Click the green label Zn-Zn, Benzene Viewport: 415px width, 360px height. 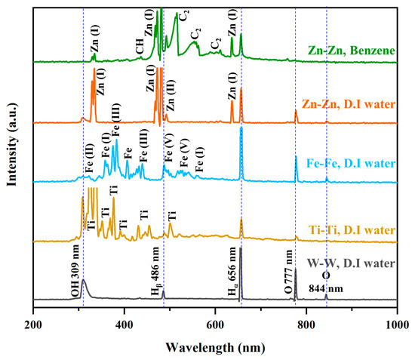coord(352,51)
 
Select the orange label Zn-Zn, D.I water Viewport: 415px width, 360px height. coord(349,104)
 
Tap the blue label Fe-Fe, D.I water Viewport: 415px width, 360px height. coord(351,163)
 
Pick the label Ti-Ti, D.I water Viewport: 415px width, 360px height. coord(352,229)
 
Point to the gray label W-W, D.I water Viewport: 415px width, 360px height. coord(351,263)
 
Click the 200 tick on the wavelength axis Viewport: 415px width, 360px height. coord(33,325)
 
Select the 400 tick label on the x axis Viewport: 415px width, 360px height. coord(124,325)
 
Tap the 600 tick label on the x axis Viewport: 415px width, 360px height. coord(215,325)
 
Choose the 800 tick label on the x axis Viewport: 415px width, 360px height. coord(306,325)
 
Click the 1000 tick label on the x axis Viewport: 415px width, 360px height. coord(397,325)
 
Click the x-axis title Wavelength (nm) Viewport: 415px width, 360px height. coord(215,347)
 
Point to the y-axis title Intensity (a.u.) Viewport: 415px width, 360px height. coord(11,145)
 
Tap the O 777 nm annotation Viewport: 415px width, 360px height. coord(288,272)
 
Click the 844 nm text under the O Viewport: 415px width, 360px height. coord(326,288)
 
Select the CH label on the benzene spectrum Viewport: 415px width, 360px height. coord(140,46)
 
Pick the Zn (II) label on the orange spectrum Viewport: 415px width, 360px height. coord(171,95)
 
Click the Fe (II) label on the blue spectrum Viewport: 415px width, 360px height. coord(89,158)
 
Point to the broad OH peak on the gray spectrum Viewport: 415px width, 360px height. coord(85,285)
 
